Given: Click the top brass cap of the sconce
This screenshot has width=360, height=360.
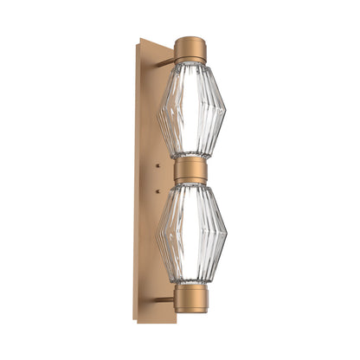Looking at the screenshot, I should (190, 47).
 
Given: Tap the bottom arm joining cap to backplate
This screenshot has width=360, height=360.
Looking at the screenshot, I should (164, 299).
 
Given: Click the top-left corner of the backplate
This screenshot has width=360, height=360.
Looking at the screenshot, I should (137, 39).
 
